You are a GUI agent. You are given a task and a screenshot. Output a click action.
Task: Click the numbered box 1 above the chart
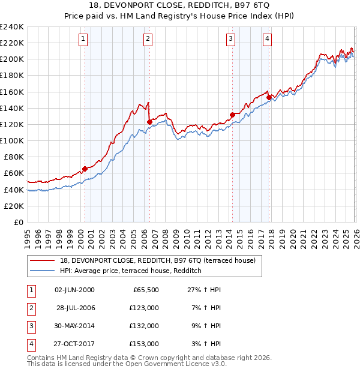coord(83,40)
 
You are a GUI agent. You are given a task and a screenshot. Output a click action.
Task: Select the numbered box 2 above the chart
coord(148,40)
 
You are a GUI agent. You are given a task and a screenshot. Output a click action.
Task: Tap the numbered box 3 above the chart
coord(231,40)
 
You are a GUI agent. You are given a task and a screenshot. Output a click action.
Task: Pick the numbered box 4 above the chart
coord(267,40)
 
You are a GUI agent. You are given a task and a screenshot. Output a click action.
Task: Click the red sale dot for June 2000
coord(85,169)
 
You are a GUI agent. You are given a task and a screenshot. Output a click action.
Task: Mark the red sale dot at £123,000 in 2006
coord(149,122)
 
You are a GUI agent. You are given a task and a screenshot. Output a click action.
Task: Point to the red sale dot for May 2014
coord(232,114)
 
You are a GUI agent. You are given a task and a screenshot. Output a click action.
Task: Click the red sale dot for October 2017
coord(269,97)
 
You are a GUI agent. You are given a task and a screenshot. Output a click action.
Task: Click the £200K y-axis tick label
coord(12,59)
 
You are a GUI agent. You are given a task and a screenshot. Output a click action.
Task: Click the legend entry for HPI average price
coord(130,271)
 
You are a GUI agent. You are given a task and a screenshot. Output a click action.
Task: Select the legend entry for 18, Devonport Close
coord(158,260)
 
